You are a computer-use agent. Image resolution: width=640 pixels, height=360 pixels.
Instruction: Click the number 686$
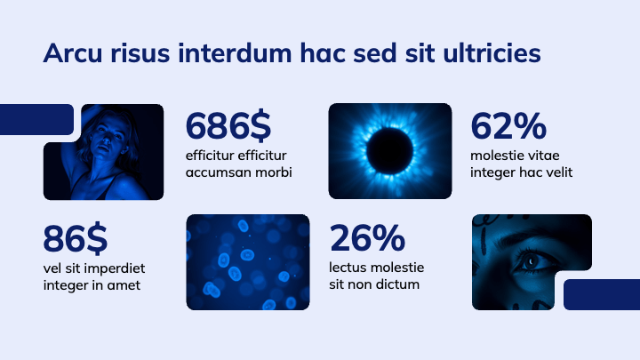[x=228, y=126]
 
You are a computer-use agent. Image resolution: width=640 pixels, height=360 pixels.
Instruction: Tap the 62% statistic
[x=508, y=126]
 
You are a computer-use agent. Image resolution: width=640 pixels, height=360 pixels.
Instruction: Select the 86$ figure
[x=76, y=238]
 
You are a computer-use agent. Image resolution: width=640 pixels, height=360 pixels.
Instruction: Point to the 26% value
[x=367, y=238]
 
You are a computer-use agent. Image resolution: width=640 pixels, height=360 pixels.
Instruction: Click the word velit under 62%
[x=555, y=172]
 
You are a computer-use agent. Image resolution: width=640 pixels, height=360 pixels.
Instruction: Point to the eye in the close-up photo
[x=532, y=260]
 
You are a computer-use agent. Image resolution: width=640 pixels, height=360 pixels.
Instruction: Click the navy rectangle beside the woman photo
[x=36, y=119]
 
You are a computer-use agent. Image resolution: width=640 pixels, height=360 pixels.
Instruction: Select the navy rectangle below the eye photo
[x=601, y=294]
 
